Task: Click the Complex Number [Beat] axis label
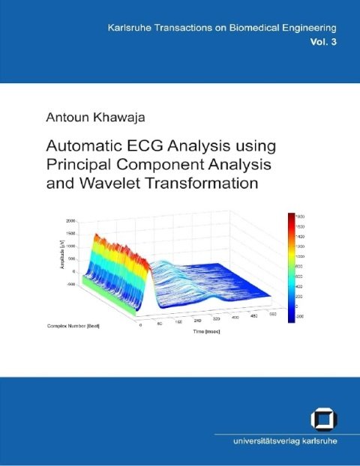point(79,327)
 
